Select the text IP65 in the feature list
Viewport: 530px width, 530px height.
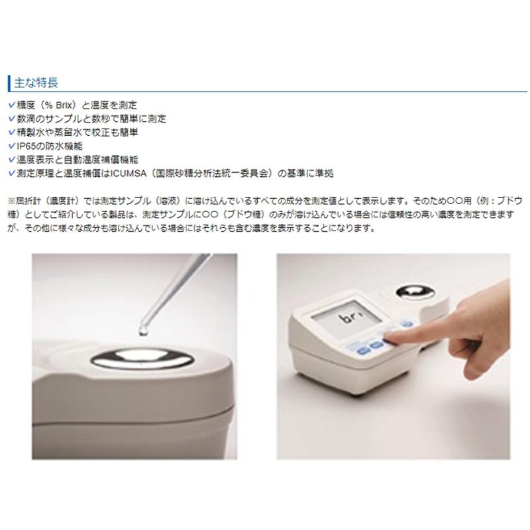23,146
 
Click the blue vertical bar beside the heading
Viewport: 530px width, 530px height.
8,83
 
